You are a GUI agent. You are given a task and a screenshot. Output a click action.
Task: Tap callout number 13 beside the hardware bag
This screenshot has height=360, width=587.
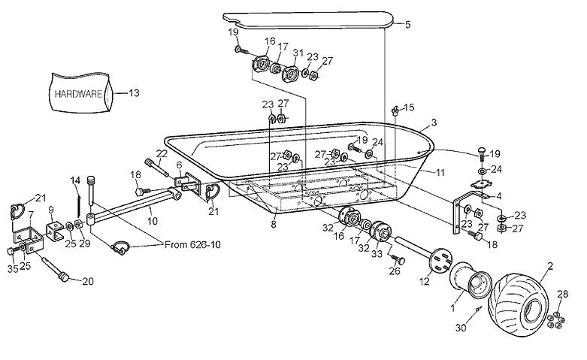(135, 93)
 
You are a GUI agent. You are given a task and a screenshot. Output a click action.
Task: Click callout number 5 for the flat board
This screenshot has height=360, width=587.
(408, 24)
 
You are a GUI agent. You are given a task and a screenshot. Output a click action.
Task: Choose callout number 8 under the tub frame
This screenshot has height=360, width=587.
(274, 223)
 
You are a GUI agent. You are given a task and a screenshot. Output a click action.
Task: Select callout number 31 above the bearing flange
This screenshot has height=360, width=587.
(298, 53)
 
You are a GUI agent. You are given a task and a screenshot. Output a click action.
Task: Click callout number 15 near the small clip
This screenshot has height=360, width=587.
(410, 107)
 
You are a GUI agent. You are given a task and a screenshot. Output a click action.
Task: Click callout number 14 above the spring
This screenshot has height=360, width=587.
(75, 180)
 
